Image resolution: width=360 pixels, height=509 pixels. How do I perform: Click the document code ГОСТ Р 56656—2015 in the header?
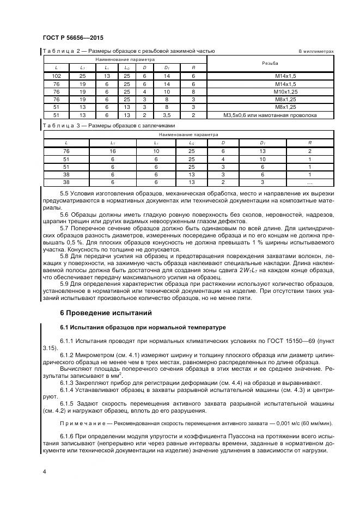[72, 38]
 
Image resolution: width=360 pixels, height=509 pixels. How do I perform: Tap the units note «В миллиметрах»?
[315, 52]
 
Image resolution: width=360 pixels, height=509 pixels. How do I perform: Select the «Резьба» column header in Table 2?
[270, 63]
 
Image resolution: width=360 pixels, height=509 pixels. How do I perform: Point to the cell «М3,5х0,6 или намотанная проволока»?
[270, 115]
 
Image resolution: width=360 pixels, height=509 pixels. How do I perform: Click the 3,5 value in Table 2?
[167, 115]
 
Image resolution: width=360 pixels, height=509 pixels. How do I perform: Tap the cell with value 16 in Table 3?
[113, 151]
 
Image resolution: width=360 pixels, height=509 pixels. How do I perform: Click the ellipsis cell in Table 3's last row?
[309, 182]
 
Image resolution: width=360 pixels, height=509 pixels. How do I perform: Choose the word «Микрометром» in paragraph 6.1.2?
[91, 355]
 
